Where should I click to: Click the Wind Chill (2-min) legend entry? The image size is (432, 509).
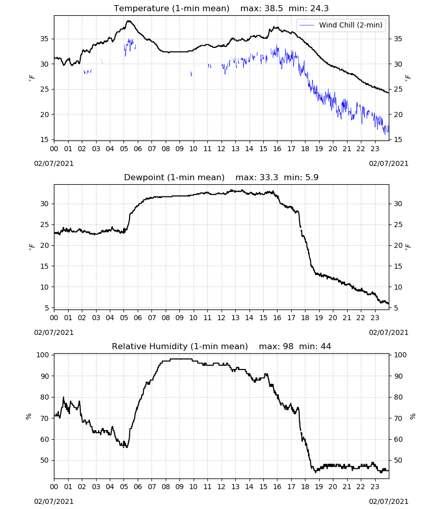[341, 25]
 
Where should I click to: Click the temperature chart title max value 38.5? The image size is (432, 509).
[273, 9]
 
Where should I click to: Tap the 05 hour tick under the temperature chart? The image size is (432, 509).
[124, 149]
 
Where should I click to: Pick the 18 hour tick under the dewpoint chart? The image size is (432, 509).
[305, 318]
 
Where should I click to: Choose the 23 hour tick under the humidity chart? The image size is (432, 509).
[375, 487]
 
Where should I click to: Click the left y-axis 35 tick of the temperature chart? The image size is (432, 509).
[44, 39]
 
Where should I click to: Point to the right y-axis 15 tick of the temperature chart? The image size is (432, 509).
[397, 139]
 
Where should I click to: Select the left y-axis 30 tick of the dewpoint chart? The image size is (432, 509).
[44, 204]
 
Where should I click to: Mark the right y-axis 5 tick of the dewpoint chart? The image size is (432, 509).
[396, 308]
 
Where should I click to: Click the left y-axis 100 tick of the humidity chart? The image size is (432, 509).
[43, 355]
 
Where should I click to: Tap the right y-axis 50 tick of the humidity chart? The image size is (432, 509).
[397, 460]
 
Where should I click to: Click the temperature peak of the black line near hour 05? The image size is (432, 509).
[129, 21]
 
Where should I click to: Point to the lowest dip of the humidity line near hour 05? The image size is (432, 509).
[127, 447]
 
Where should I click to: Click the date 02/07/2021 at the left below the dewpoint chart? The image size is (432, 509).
[54, 333]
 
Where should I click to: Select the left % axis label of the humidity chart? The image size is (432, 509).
[28, 416]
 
